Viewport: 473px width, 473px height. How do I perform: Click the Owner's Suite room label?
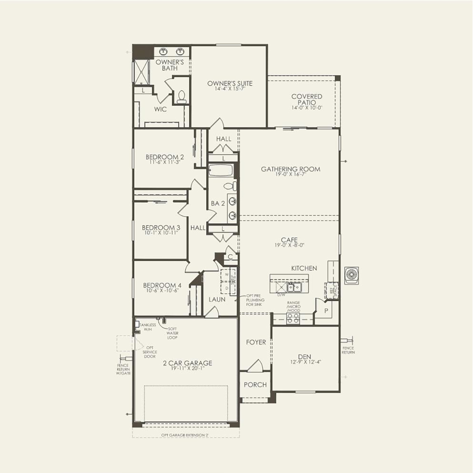click(x=230, y=83)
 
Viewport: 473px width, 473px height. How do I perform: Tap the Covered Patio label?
click(x=307, y=99)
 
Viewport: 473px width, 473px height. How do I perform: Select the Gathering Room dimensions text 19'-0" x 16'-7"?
click(x=290, y=175)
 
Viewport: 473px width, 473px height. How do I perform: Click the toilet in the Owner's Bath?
click(x=181, y=97)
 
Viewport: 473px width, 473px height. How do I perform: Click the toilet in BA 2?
click(x=230, y=187)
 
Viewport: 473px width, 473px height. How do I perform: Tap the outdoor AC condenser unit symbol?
click(x=351, y=275)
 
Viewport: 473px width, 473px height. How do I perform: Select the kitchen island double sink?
click(x=293, y=287)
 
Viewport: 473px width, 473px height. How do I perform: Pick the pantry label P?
click(x=326, y=311)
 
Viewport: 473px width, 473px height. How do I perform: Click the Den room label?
click(x=304, y=357)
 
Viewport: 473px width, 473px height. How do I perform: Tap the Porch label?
click(x=255, y=385)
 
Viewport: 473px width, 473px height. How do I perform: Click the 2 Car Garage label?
click(x=188, y=363)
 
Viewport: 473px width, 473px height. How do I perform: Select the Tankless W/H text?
click(x=148, y=327)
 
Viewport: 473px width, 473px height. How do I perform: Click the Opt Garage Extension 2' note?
click(x=185, y=435)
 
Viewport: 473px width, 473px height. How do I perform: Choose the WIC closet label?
click(x=160, y=109)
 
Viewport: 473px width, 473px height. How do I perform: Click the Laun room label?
click(x=217, y=299)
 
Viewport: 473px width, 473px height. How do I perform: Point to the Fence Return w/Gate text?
click(x=123, y=369)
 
